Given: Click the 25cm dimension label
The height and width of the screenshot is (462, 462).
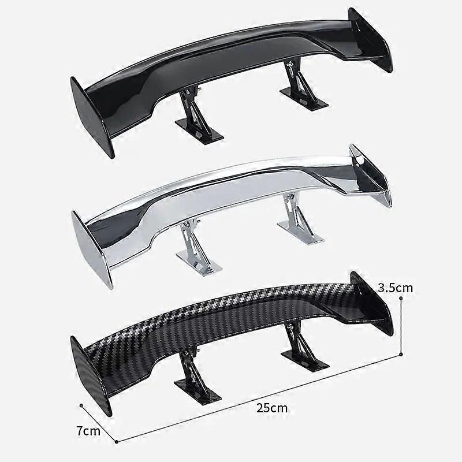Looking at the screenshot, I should (272, 408).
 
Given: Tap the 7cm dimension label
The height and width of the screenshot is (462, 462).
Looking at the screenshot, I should (88, 430).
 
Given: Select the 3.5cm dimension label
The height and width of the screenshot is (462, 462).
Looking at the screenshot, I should (396, 287).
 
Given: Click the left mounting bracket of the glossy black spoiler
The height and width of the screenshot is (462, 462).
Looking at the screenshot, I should (199, 115).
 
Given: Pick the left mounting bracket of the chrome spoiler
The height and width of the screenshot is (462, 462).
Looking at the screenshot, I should (199, 248).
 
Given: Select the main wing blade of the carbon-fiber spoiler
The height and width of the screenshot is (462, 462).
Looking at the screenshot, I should (231, 321).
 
